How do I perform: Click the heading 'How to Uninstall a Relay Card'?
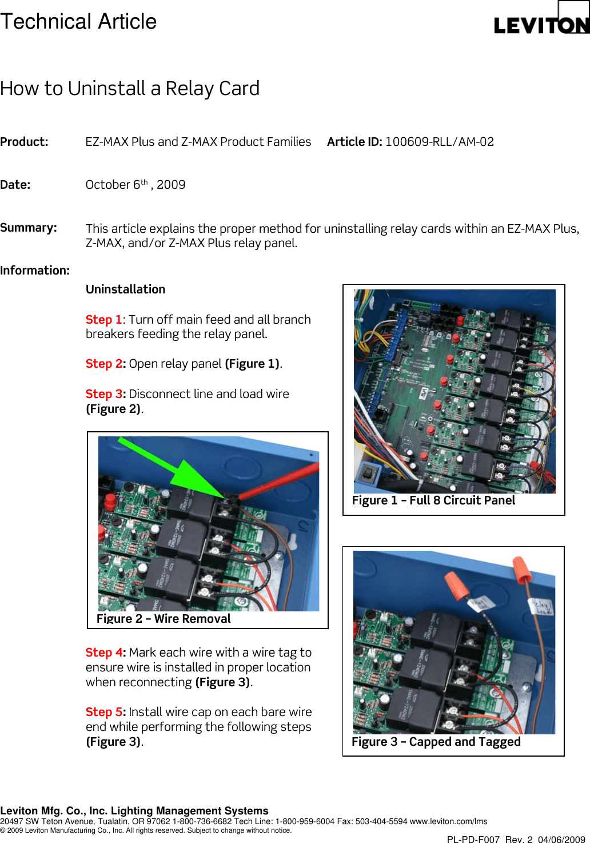(130, 89)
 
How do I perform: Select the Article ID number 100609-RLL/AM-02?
(439, 142)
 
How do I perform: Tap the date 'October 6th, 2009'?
(135, 185)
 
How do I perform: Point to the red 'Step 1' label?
(103, 320)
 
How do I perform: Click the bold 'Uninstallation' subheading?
(125, 289)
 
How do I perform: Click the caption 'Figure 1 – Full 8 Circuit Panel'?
(433, 500)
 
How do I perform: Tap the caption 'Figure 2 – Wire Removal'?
(164, 619)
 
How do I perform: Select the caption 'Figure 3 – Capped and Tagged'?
(436, 742)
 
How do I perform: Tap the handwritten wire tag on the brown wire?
(540, 606)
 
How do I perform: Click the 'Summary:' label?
(29, 228)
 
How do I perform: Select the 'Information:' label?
(35, 271)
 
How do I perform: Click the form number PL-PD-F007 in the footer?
(473, 840)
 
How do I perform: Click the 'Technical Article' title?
(78, 22)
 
